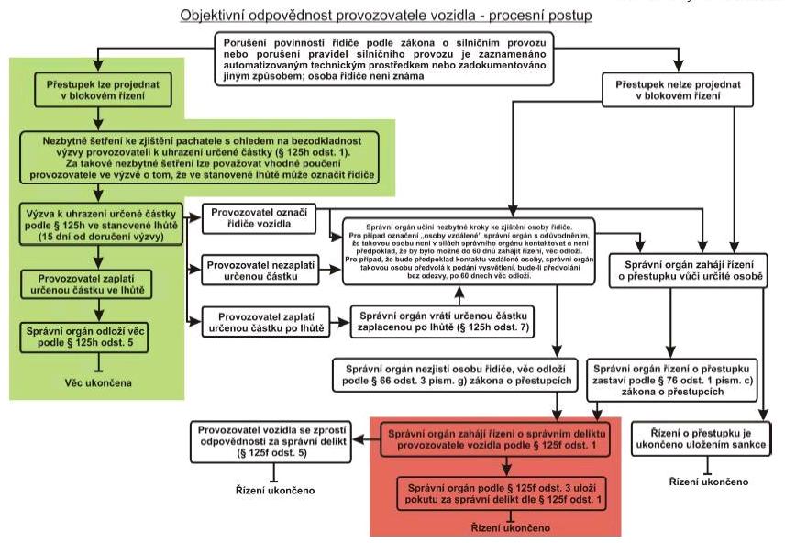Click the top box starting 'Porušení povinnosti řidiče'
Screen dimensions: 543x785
(x=386, y=58)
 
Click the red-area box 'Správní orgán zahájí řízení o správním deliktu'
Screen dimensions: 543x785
(x=470, y=439)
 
